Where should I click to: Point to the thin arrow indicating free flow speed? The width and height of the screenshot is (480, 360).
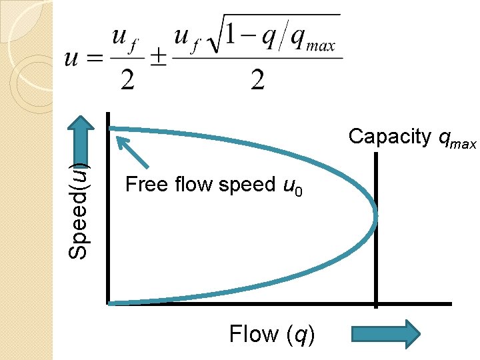[x=132, y=152]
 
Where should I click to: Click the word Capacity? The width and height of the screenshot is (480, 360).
[x=390, y=137]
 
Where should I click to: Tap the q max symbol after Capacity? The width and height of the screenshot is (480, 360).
[x=457, y=139]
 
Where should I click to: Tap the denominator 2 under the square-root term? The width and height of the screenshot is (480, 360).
[x=257, y=81]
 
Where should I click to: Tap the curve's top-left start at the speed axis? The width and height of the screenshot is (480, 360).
[x=112, y=129]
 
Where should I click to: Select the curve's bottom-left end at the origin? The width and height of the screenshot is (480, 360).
[x=112, y=303]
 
